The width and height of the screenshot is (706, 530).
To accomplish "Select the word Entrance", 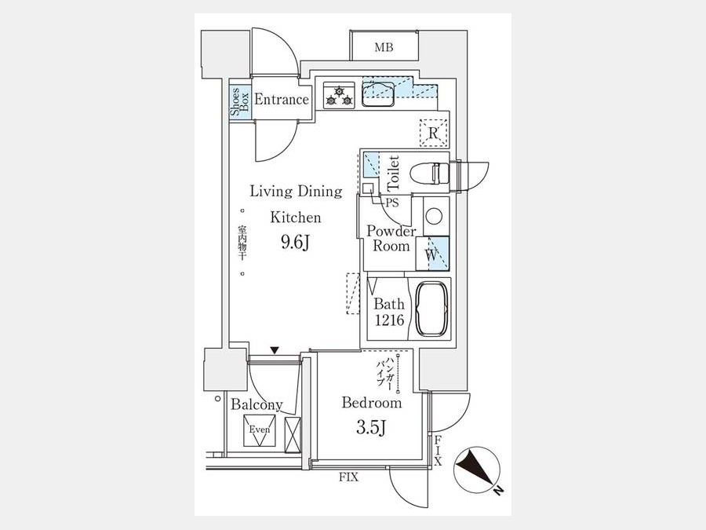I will [282, 100].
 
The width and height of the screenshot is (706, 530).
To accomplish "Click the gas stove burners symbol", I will [339, 96].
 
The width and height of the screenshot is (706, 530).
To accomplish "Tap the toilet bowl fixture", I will [431, 173].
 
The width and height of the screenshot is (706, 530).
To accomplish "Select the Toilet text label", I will [394, 173].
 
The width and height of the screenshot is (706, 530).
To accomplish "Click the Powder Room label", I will [391, 239].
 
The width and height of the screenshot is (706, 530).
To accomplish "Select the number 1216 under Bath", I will [389, 320].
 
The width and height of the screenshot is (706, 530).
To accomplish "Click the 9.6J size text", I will [295, 243].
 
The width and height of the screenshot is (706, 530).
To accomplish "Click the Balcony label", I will [257, 405].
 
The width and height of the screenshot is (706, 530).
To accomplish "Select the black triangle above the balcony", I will [275, 350].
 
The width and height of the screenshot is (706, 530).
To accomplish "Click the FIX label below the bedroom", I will [348, 477].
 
